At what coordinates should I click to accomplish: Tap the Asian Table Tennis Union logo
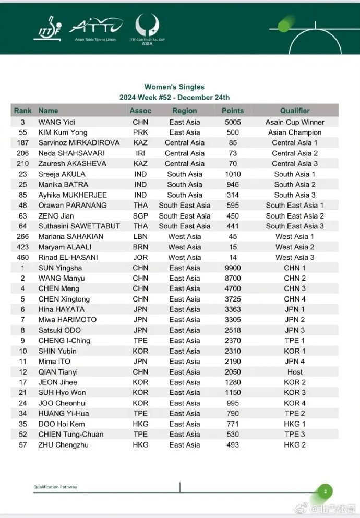(95, 28)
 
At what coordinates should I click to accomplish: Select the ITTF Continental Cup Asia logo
(147, 29)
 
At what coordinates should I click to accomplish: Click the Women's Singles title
(174, 87)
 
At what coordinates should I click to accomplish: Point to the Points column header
(233, 111)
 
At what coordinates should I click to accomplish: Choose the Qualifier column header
(295, 111)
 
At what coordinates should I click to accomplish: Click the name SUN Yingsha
(61, 268)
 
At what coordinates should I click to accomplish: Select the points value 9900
(233, 268)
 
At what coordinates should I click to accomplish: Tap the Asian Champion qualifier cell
(295, 132)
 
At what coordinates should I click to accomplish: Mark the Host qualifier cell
(295, 372)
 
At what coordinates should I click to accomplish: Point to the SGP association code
(140, 216)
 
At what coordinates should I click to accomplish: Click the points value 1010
(233, 174)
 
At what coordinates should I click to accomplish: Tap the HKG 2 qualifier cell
(295, 445)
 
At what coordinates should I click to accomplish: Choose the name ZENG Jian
(56, 216)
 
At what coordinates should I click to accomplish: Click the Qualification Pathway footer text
(55, 487)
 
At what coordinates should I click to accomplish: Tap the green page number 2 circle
(325, 491)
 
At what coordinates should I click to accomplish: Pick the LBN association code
(140, 237)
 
